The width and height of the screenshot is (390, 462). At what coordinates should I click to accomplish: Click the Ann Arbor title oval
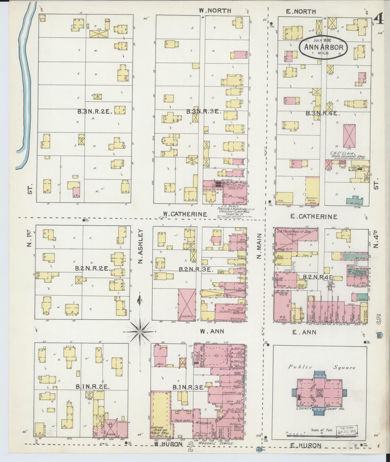(x=323, y=47)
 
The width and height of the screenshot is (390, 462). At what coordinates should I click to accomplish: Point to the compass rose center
(x=140, y=331)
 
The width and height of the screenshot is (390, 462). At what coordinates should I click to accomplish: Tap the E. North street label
(x=300, y=11)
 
